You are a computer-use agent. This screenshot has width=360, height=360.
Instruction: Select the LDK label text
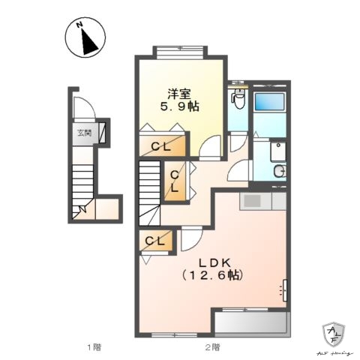[218, 262]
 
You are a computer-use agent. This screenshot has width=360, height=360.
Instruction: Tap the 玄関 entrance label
[82, 134]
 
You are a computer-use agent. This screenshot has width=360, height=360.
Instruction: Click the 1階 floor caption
[93, 346]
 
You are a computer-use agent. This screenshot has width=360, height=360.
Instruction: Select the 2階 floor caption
[212, 346]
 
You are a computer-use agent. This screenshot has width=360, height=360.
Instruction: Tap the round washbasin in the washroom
[280, 172]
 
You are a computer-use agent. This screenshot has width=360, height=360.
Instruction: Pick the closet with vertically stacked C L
[174, 181]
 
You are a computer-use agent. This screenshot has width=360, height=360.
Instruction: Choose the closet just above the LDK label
[155, 241]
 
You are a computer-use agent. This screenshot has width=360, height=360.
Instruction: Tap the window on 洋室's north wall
[180, 52]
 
